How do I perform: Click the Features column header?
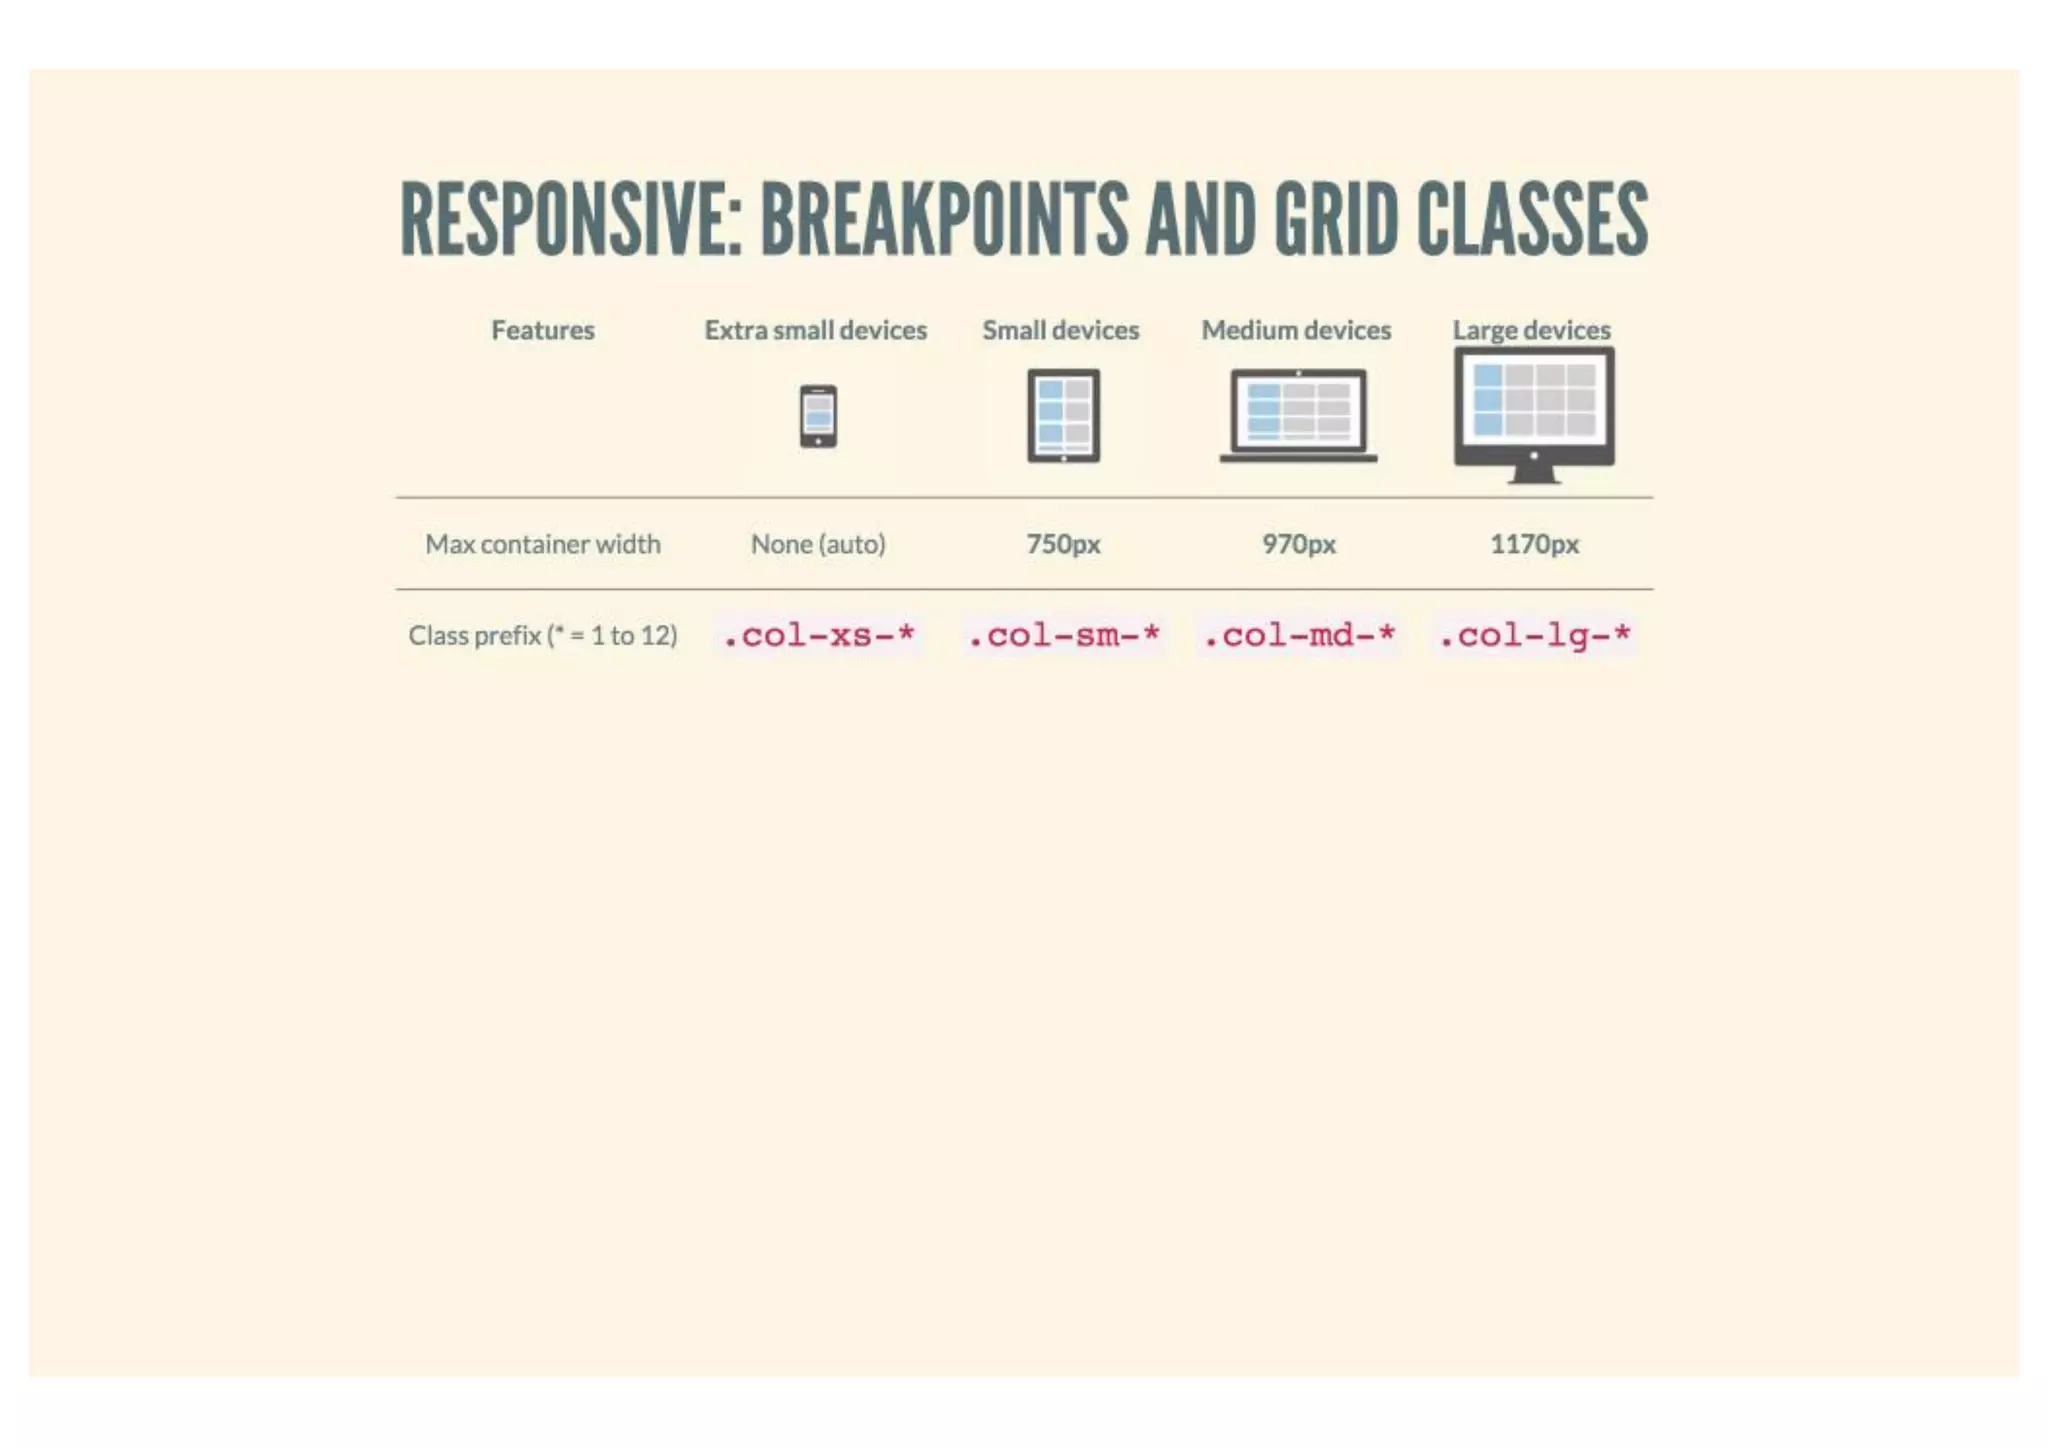point(542,330)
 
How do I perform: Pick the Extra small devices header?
point(815,330)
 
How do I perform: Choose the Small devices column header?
point(1060,330)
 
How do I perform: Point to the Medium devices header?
point(1296,330)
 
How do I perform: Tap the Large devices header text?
point(1531,330)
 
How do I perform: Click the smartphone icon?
point(818,416)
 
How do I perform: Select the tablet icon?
point(1063,416)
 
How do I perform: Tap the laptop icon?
point(1298,416)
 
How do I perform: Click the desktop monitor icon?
point(1534,412)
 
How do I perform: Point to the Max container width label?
point(542,544)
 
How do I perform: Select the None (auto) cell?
point(818,544)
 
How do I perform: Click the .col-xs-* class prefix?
point(818,635)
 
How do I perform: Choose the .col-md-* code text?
point(1298,635)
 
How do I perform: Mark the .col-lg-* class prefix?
point(1534,635)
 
